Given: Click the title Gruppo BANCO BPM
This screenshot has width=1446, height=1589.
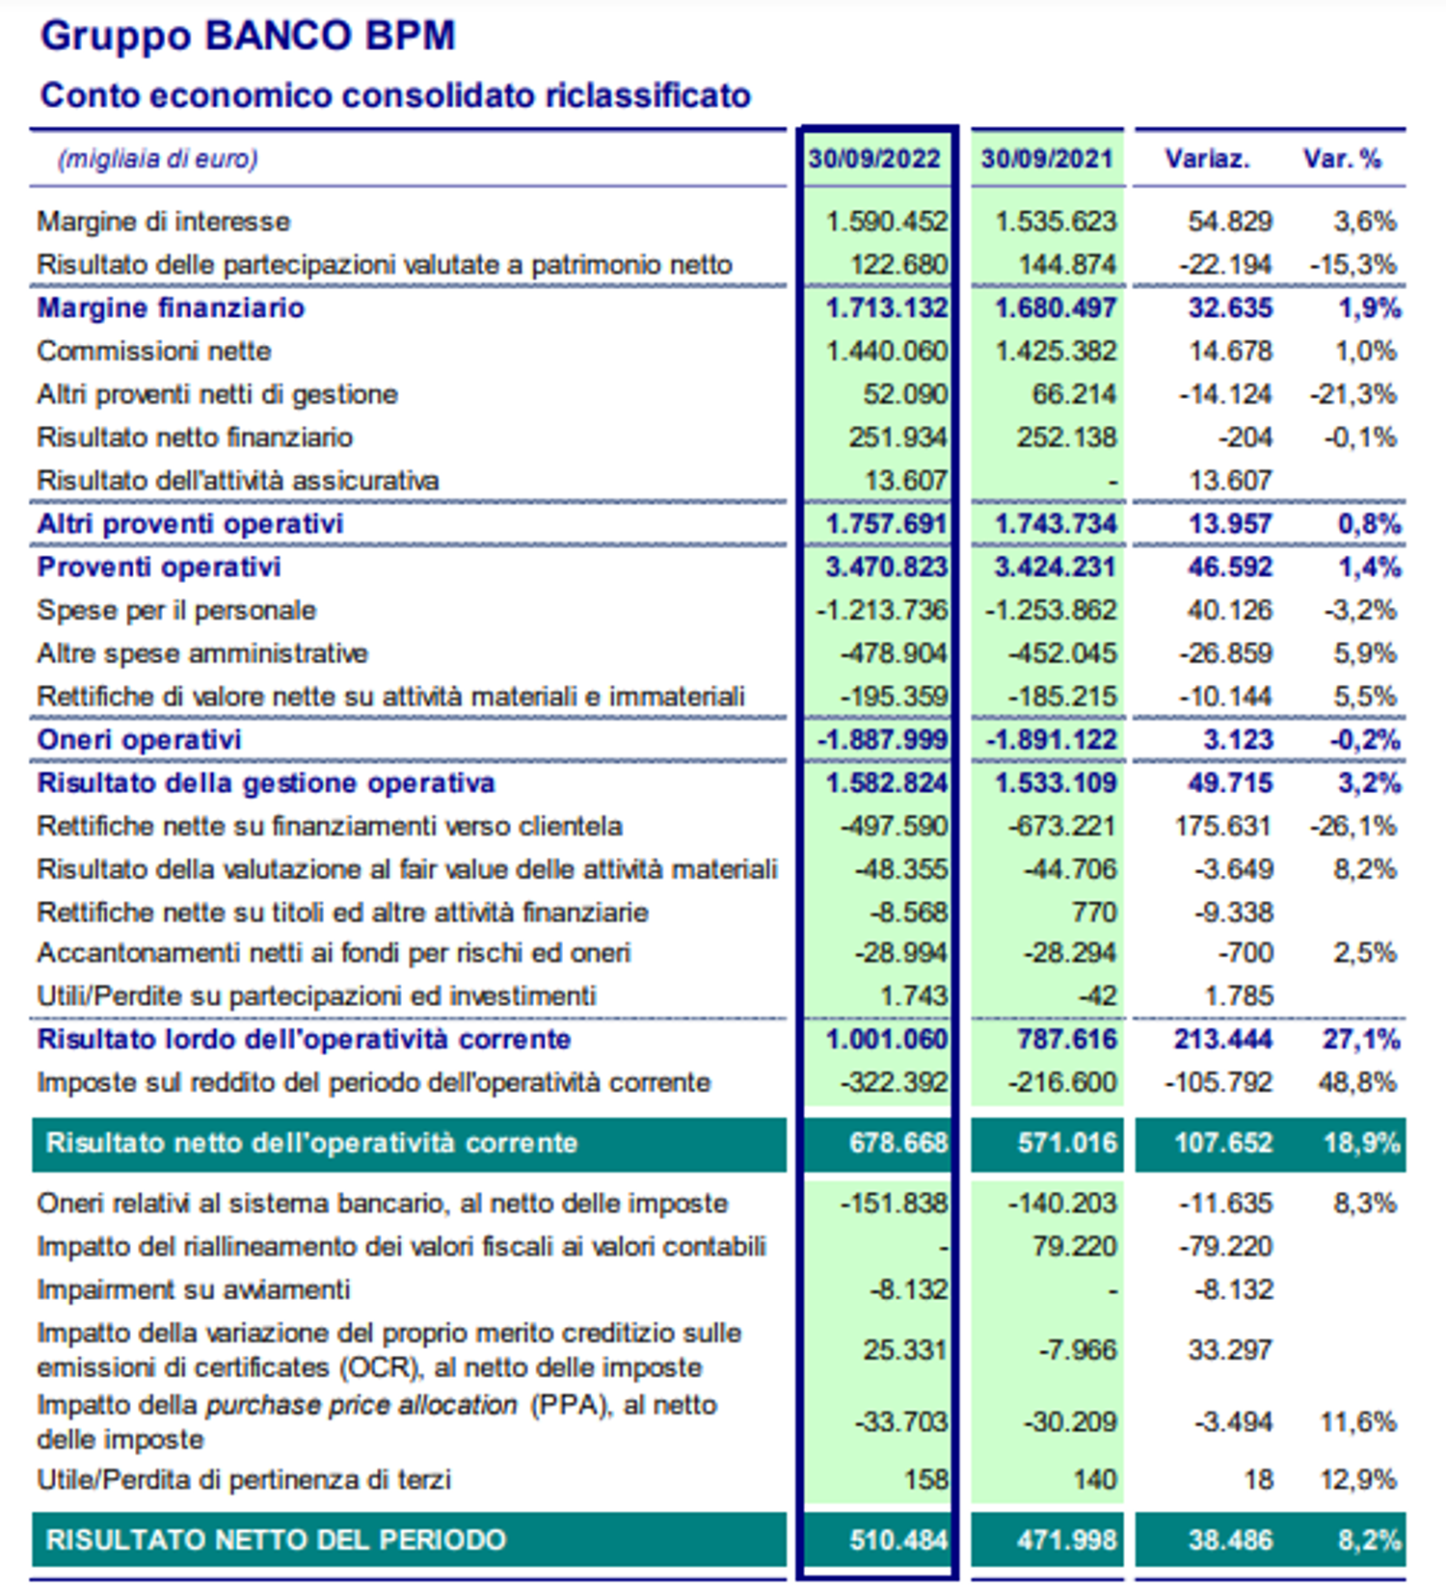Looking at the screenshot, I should [x=248, y=37].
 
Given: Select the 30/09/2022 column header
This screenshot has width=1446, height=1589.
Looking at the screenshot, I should [x=874, y=159].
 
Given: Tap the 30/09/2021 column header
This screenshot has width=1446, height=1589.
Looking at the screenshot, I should [x=1047, y=159].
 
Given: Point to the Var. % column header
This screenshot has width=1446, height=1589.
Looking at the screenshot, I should [x=1342, y=159].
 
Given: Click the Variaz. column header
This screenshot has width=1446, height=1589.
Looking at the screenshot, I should [x=1207, y=159].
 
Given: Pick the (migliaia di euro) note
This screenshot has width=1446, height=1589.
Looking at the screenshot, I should [x=158, y=159].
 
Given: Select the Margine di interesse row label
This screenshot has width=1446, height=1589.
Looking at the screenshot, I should [x=163, y=222].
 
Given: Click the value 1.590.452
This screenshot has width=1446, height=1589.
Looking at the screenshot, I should [x=887, y=222].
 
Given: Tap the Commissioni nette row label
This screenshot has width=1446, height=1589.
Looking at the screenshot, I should [x=154, y=352].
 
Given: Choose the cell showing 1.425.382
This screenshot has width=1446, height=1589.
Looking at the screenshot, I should [x=1056, y=352].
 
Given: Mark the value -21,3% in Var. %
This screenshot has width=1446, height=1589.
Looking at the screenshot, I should [x=1353, y=395].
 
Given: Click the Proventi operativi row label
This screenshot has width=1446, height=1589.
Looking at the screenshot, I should [x=159, y=568].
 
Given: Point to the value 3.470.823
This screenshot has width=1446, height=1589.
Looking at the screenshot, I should [x=886, y=568].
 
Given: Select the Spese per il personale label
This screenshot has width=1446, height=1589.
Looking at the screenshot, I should [x=176, y=611].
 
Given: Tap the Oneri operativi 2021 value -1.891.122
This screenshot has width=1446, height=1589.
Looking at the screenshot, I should [x=1051, y=740].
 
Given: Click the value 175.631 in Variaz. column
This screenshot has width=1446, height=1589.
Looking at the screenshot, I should [x=1223, y=827].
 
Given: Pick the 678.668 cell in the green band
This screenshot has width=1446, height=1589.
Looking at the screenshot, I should [x=898, y=1144].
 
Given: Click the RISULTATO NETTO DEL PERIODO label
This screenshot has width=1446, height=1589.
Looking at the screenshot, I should [x=276, y=1540].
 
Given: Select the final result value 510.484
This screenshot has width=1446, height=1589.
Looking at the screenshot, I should [x=898, y=1540].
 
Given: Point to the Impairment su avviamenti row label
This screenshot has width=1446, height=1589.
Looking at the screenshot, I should [x=193, y=1290].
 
